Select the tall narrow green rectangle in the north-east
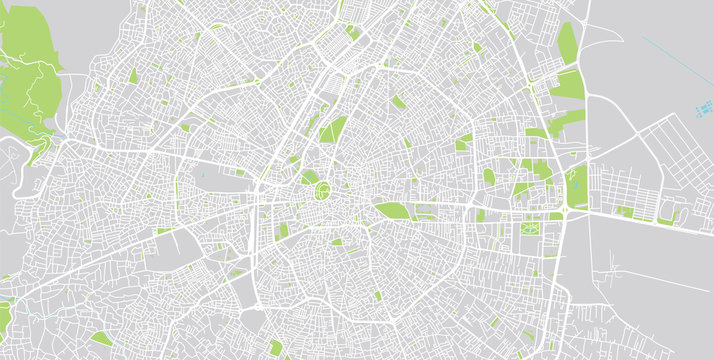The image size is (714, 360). [x=567, y=43]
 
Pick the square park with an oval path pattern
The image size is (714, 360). [x=527, y=230]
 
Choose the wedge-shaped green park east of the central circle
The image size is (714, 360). [x=391, y=210]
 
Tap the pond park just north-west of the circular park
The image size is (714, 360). [x=309, y=177]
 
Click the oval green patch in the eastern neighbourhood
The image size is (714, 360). [x=489, y=177]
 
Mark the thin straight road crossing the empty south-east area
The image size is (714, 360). [x=650, y=274]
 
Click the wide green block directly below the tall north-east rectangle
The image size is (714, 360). [x=566, y=84]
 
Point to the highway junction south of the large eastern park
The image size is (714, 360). [x=566, y=210]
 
